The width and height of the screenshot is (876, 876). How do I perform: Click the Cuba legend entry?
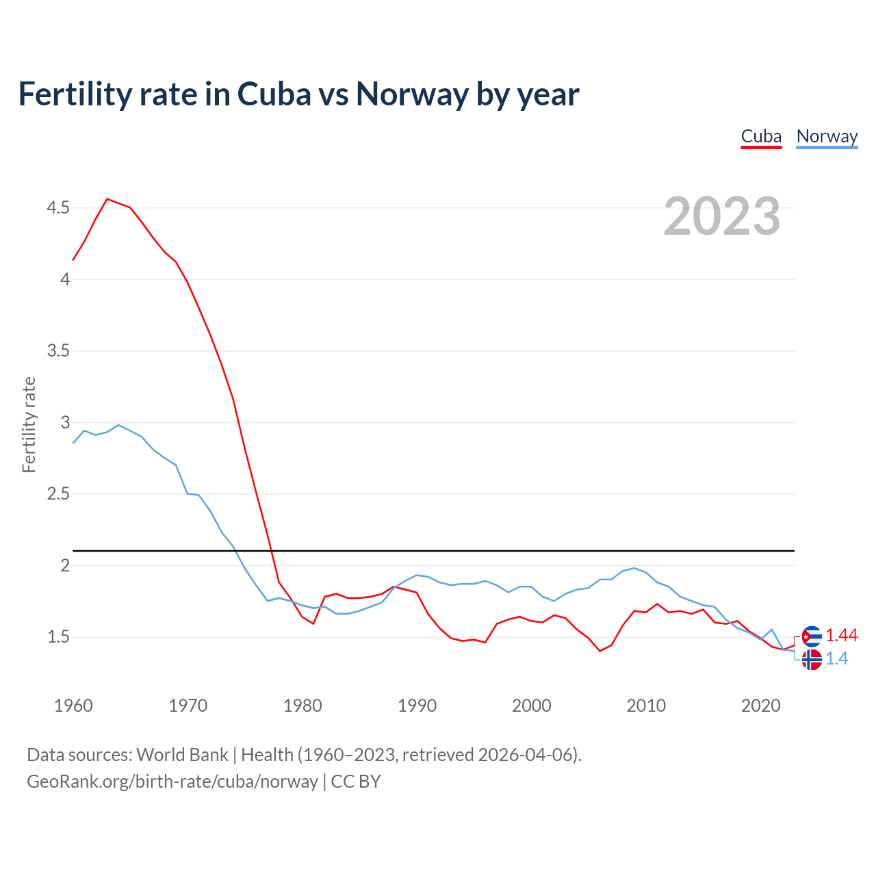761,137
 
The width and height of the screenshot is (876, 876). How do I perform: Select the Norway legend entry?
827,137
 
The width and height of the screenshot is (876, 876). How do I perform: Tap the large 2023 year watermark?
722,216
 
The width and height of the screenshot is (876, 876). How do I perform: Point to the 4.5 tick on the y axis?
58,207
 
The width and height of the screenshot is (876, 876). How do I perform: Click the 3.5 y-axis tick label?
58,351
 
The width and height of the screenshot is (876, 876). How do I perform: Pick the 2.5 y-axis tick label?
58,494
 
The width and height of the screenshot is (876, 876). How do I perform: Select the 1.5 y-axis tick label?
58,637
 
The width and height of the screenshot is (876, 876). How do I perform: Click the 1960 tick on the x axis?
73,706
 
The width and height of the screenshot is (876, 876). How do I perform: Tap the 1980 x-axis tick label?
302,706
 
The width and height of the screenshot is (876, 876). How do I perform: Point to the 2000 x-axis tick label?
531,706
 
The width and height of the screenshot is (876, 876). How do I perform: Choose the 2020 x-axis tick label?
760,706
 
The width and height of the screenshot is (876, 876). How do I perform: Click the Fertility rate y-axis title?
29,424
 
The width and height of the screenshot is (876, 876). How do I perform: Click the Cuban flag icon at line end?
811,636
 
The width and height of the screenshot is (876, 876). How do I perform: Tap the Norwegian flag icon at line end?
811,660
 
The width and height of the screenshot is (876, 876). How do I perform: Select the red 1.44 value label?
841,636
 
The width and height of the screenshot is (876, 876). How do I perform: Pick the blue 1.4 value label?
836,659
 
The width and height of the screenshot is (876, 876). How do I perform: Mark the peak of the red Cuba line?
107,199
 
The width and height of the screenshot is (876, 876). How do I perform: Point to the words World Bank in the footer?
182,755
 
